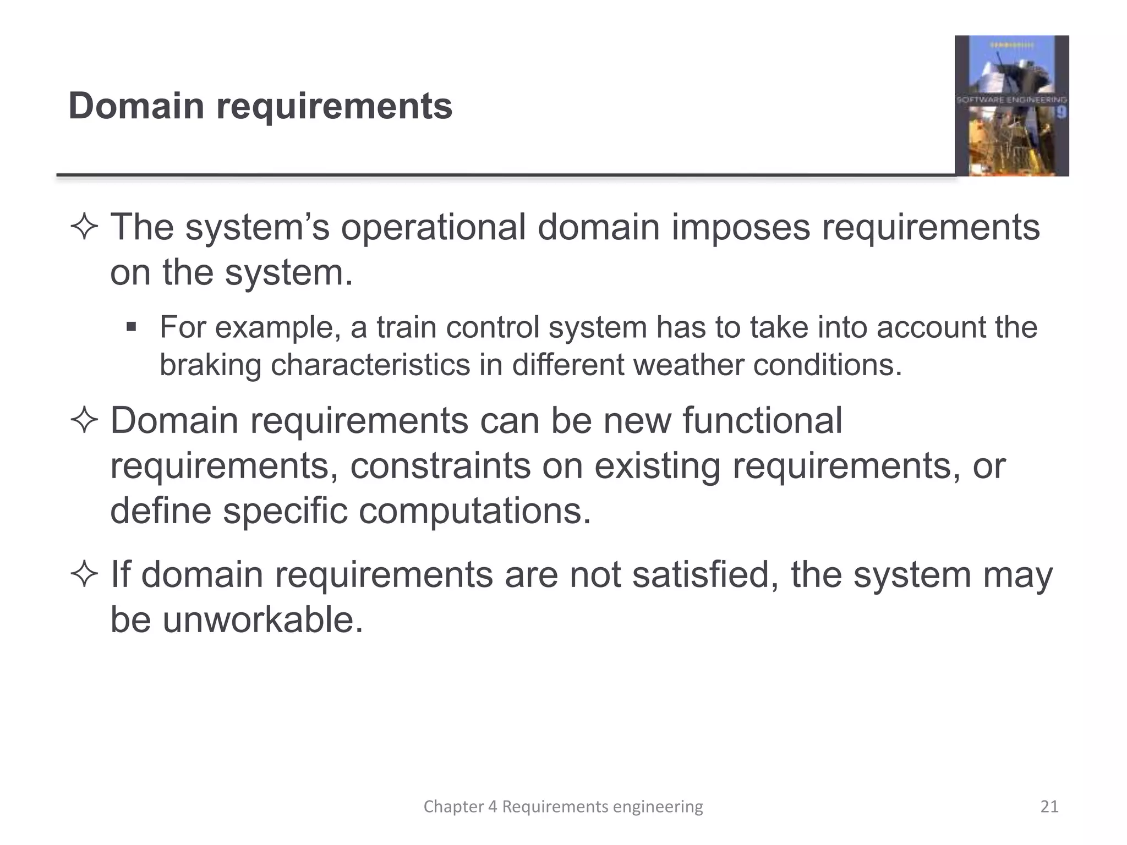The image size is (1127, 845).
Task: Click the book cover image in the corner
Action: coord(1011,106)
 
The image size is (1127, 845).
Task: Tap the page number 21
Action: coord(1049,806)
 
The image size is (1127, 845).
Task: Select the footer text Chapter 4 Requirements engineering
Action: coord(563,806)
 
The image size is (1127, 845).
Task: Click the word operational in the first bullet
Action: coord(433,227)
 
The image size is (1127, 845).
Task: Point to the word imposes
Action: coord(741,228)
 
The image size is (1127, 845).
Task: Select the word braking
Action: coord(210,365)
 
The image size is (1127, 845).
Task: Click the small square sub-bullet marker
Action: coord(131,327)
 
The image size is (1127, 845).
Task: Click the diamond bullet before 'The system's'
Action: coord(84,228)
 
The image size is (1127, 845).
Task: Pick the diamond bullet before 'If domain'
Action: coord(84,575)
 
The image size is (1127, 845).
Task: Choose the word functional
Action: coord(762,420)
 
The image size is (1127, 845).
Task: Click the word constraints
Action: coord(441,466)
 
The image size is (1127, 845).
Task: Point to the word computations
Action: coord(475,511)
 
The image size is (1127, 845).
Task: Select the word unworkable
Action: coord(263,619)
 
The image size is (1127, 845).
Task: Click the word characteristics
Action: coord(370,365)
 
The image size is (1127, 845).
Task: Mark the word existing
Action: coord(656,466)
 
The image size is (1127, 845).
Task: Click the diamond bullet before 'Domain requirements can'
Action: coord(84,421)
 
